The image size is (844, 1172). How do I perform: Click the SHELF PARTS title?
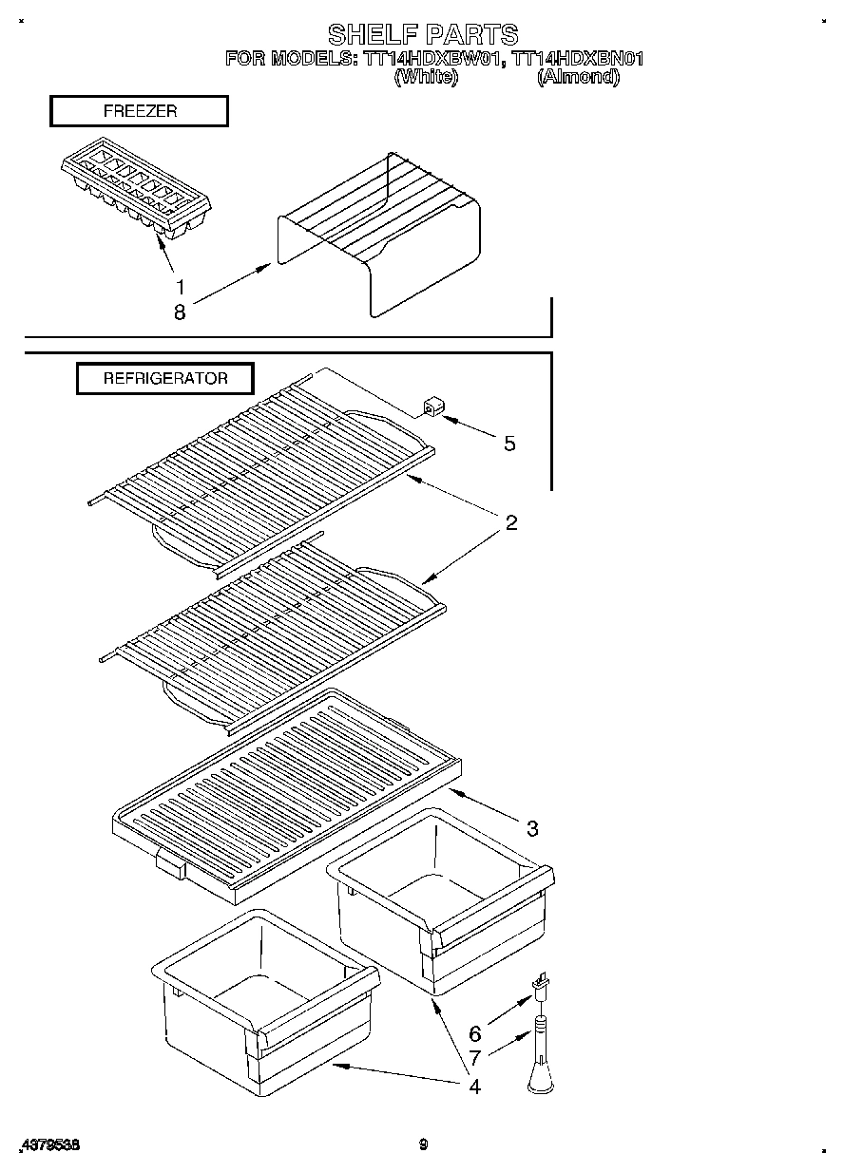pos(423,35)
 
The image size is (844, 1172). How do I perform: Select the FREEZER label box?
pos(139,111)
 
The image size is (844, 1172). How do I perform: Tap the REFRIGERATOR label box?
pos(165,378)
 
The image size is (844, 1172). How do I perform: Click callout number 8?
pos(179,311)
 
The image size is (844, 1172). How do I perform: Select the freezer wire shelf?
pos(380,233)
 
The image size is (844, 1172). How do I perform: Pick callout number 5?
pos(509,443)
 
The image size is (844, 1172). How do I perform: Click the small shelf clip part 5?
pos(432,408)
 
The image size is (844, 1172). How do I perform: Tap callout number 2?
pos(510,522)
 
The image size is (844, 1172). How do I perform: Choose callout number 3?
pos(532,828)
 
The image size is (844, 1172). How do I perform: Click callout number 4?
pos(474,1086)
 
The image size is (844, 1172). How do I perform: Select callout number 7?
pos(474,1056)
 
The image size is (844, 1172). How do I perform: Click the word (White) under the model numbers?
pos(425,77)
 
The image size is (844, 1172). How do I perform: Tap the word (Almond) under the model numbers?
pos(578,77)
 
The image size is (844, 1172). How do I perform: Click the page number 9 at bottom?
pos(423,1144)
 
